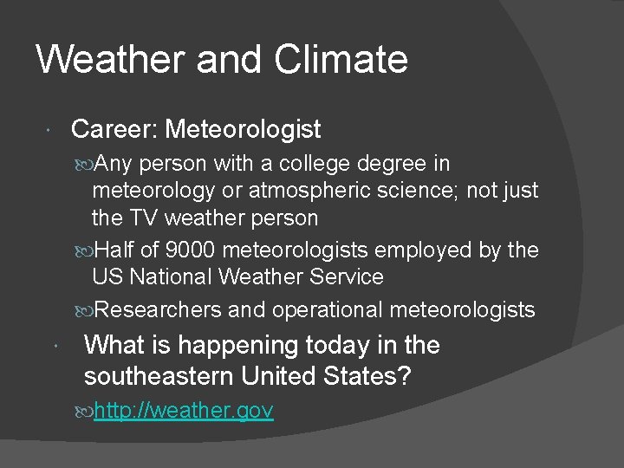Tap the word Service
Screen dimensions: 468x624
347,277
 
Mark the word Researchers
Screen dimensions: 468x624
158,309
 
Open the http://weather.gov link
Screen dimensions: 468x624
184,410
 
